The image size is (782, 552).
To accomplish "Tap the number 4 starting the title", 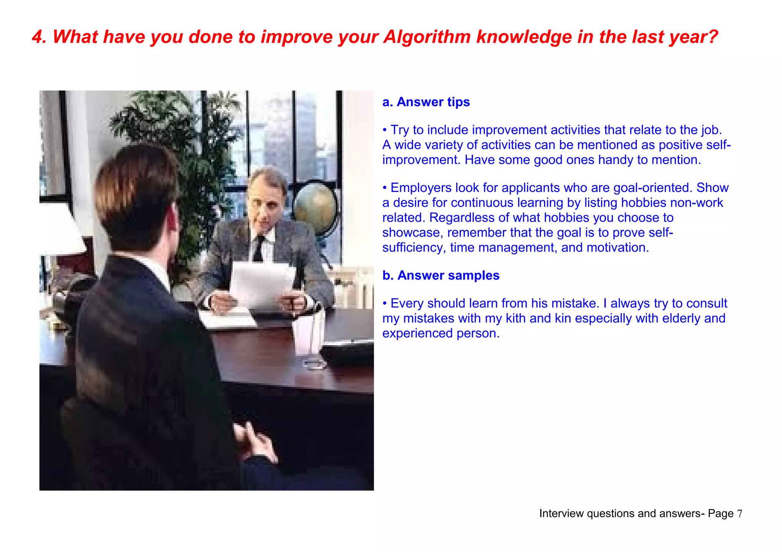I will pyautogui.click(x=37, y=37).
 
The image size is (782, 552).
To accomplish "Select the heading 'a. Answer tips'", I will pyautogui.click(x=426, y=102).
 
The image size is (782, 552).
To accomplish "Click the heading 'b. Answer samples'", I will pyautogui.click(x=441, y=275).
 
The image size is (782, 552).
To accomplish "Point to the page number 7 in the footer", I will pyautogui.click(x=740, y=513).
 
